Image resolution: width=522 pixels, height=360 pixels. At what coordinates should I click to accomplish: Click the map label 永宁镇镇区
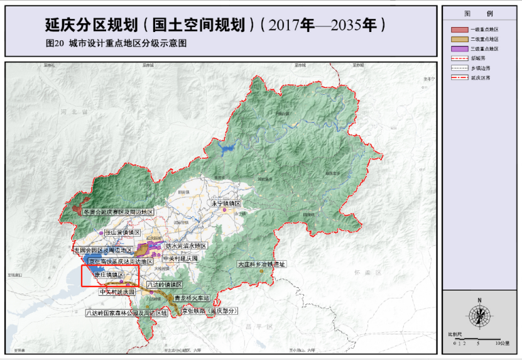click(226, 204)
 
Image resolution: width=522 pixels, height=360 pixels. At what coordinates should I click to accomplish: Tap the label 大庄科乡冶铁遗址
click(261, 265)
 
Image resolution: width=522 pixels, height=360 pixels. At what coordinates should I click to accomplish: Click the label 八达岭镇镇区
click(164, 285)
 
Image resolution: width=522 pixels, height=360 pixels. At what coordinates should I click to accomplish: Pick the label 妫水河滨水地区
click(185, 246)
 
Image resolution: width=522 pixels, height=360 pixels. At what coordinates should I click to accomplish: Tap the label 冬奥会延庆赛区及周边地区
click(118, 212)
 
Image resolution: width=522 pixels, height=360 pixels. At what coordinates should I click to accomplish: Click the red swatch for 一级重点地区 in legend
click(459, 30)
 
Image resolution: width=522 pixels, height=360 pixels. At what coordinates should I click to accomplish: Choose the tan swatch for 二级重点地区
click(459, 39)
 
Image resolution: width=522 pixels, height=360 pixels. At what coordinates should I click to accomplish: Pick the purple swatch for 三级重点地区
click(459, 48)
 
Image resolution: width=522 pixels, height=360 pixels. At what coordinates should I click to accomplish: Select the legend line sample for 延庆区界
click(459, 77)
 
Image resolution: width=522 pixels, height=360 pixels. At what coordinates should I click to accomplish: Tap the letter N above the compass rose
click(479, 300)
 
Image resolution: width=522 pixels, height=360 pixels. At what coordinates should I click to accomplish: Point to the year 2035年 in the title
click(354, 26)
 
